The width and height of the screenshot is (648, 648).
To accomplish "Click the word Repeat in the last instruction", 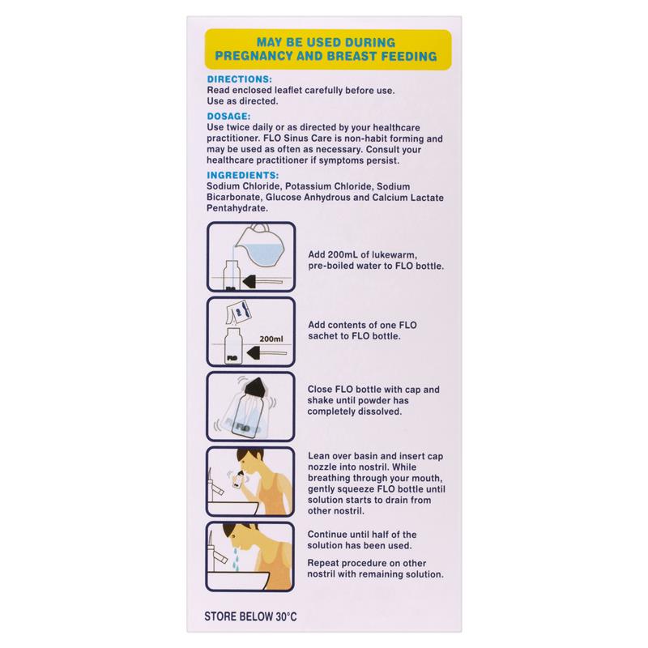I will pyautogui.click(x=327, y=561).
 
